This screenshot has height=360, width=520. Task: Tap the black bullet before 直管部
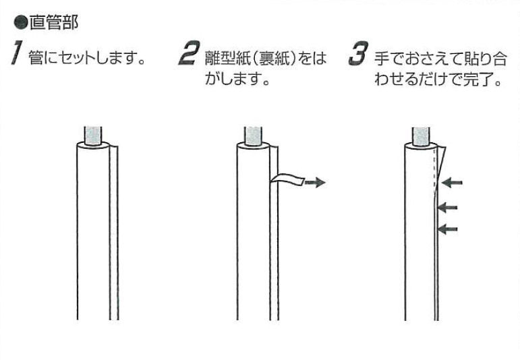click(20, 25)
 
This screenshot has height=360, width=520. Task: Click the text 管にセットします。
click(88, 59)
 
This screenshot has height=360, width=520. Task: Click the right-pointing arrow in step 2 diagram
click(314, 181)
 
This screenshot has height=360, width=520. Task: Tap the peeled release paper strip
click(288, 179)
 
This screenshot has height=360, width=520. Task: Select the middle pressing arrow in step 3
click(448, 207)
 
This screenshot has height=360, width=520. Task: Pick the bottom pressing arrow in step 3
click(448, 230)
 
